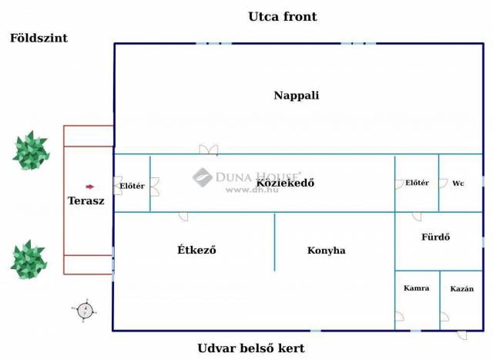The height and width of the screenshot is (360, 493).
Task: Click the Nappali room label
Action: pos(296,96)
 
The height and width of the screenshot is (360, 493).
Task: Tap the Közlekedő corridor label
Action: pos(285,183)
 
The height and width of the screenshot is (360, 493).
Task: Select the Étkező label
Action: pos(196,250)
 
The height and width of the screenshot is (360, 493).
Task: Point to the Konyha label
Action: pos(327,251)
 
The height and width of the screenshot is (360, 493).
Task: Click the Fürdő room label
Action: pos(435,237)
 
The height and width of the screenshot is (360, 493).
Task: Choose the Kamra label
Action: pos(416,288)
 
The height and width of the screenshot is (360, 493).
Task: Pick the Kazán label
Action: pos(461,288)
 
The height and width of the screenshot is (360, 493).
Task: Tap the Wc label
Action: pos(458,183)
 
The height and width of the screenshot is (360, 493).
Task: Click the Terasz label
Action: pos(86,200)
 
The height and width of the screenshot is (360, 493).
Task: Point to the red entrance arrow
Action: pos(90,187)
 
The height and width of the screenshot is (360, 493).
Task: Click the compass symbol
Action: pos(85,311)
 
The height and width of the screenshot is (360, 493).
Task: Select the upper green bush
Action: pos(31,151)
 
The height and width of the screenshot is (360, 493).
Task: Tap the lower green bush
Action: pos(29,260)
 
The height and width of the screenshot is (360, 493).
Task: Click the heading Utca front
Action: pos(283,17)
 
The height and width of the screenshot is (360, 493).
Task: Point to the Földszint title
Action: pos(39,38)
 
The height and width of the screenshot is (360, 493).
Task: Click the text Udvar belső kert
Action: pos(251,348)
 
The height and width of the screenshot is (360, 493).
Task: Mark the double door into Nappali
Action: pos(209,150)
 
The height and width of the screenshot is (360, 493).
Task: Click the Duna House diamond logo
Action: pos(202,177)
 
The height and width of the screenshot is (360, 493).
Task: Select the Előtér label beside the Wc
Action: pos(417,183)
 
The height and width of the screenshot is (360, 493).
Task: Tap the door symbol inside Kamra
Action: pos(399,316)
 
